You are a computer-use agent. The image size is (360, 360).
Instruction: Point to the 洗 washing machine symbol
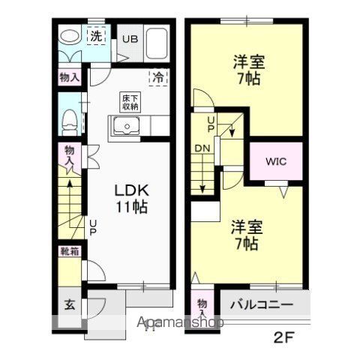(x=97, y=36)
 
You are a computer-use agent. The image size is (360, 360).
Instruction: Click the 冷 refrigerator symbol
(x=158, y=76)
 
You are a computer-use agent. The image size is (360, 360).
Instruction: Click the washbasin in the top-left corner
(x=70, y=37)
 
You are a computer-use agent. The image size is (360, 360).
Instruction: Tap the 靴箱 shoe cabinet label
(x=68, y=253)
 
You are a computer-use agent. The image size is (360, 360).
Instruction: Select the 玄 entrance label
(x=68, y=305)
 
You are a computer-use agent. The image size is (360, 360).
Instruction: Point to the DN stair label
(x=202, y=148)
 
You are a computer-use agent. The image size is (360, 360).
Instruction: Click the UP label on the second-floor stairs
(x=211, y=124)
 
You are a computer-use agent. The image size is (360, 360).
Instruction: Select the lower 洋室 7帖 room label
(x=245, y=235)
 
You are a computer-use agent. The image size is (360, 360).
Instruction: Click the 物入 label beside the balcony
(x=202, y=307)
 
